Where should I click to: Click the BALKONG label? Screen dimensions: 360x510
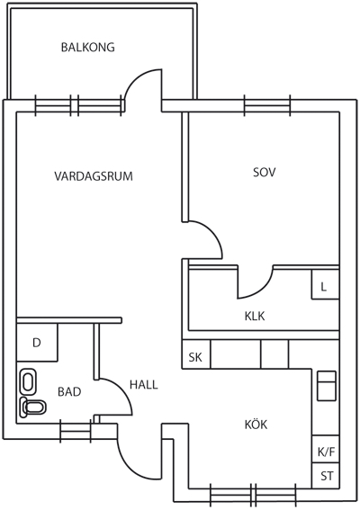(88, 47)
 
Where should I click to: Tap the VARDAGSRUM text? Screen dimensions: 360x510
(94, 176)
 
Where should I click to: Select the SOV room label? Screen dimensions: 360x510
(264, 172)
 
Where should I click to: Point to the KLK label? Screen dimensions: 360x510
(255, 316)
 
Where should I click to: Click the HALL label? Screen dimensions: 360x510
(144, 385)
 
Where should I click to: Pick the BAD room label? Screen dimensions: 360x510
(69, 391)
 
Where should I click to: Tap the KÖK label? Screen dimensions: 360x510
(256, 425)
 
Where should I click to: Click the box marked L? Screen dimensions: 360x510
(326, 284)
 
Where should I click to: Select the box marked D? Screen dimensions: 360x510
(37, 342)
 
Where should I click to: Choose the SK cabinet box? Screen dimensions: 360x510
(196, 354)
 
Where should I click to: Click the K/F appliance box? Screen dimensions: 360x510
(326, 449)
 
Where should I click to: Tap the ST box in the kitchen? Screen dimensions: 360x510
(326, 476)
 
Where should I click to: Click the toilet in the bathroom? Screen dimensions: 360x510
(32, 407)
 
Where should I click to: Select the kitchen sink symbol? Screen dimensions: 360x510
(327, 386)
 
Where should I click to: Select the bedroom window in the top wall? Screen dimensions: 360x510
(267, 106)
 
